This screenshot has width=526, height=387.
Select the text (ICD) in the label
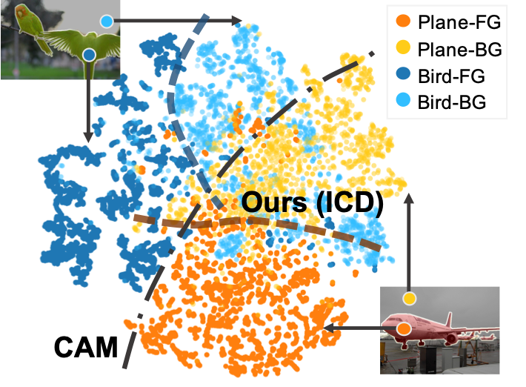tap(348, 203)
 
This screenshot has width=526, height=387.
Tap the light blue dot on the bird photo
tap(107, 21)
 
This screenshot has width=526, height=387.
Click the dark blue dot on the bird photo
tap(89, 54)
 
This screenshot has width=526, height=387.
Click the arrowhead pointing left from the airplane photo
tap(327, 327)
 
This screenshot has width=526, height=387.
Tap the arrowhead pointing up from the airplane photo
tap(408, 198)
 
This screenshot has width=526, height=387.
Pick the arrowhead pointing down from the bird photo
tap(89, 137)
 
